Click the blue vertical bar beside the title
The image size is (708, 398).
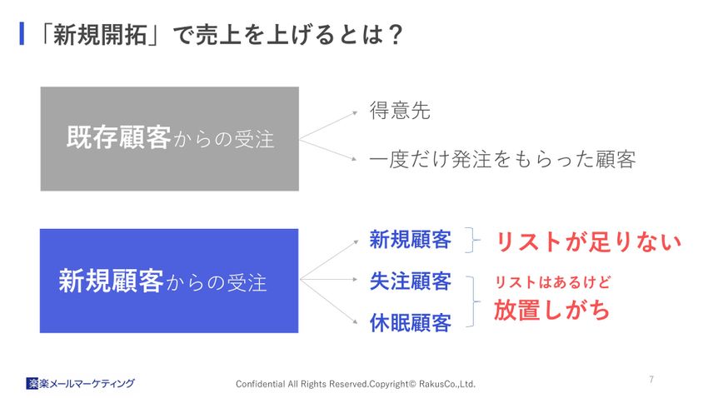pos(22,34)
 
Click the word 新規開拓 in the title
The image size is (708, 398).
pos(100,35)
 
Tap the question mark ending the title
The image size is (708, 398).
pos(395,35)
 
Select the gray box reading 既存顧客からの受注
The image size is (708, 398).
pos(170,138)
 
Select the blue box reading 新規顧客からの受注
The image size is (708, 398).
pos(169,281)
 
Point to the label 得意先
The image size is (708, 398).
pos(400,111)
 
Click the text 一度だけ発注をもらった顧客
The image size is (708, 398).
pos(502,159)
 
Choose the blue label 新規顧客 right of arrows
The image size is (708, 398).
pos(411,239)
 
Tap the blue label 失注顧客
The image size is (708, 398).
pos(411,281)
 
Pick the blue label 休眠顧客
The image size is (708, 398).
pos(411,322)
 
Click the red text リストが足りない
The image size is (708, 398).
pos(588,241)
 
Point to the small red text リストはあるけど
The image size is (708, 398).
pos(553,282)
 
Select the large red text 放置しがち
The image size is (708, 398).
pos(551,310)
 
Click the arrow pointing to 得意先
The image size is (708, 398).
pos(328,125)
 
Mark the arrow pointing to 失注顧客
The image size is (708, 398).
pos(328,279)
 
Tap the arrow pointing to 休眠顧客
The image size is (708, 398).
pos(328,301)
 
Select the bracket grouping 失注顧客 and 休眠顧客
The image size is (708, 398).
pos(474,301)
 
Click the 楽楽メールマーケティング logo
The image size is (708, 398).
pos(80,384)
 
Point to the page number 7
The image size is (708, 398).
pos(651,379)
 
